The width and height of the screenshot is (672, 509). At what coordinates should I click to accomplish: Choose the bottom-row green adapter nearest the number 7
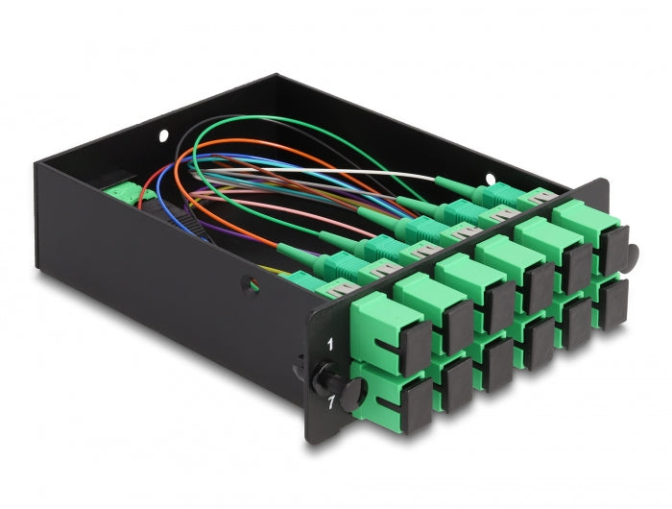tap(383, 395)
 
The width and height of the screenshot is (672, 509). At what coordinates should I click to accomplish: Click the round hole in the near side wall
tap(252, 285)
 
